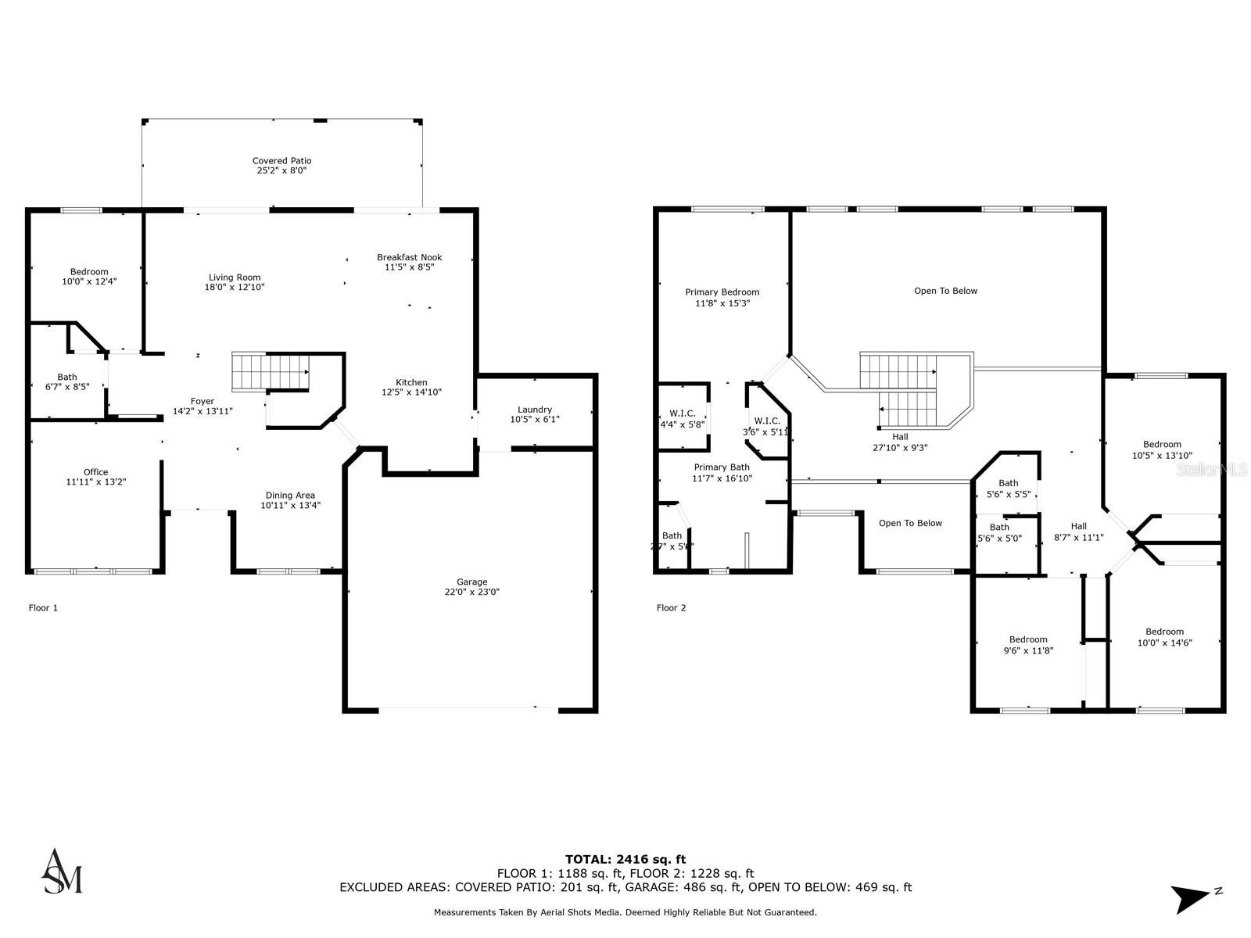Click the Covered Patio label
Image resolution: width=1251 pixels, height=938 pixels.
click(x=281, y=161)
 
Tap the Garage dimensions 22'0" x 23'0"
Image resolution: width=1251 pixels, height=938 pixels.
click(x=471, y=593)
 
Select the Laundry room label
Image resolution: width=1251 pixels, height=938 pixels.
click(x=535, y=410)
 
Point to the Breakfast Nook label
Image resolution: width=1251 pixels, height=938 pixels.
click(x=409, y=257)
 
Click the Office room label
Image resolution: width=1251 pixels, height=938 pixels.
click(x=95, y=472)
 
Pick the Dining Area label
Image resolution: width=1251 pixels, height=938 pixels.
click(x=290, y=495)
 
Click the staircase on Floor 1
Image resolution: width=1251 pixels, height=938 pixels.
click(x=270, y=371)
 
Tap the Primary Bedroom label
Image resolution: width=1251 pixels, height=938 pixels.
click(x=722, y=292)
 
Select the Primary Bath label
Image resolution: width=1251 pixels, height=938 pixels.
click(x=722, y=467)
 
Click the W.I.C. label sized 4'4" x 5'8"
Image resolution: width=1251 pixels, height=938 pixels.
click(x=683, y=414)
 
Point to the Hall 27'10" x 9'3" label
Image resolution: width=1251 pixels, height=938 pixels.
click(x=900, y=438)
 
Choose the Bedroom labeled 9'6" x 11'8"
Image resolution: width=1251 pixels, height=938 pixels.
click(x=1027, y=639)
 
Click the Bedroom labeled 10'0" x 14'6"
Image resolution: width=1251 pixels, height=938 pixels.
click(x=1164, y=632)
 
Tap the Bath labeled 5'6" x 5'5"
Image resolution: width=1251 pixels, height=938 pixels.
click(x=1009, y=483)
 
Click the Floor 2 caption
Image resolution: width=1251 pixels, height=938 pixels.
click(x=671, y=607)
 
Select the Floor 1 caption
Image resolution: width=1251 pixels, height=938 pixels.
click(x=43, y=607)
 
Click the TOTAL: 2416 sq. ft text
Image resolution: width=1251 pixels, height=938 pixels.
click(x=625, y=859)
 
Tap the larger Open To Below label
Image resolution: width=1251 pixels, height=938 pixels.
click(x=945, y=291)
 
